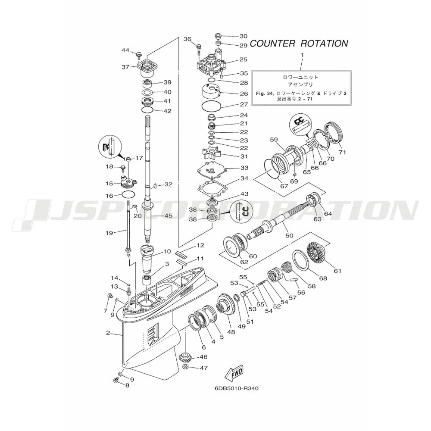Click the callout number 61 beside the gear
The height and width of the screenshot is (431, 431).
point(337,271)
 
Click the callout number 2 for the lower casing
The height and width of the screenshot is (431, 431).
point(108,333)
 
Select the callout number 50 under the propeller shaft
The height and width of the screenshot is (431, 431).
point(289,235)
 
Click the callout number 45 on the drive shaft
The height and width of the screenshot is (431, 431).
point(169,215)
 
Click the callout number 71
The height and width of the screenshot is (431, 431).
point(342,152)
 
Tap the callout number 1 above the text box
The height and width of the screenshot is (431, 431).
point(302,55)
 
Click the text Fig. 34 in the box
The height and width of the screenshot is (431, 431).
point(263,94)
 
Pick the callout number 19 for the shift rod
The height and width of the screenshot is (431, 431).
point(109,233)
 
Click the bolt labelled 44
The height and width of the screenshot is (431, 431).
point(138,55)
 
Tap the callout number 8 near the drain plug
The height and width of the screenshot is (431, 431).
point(127,385)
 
